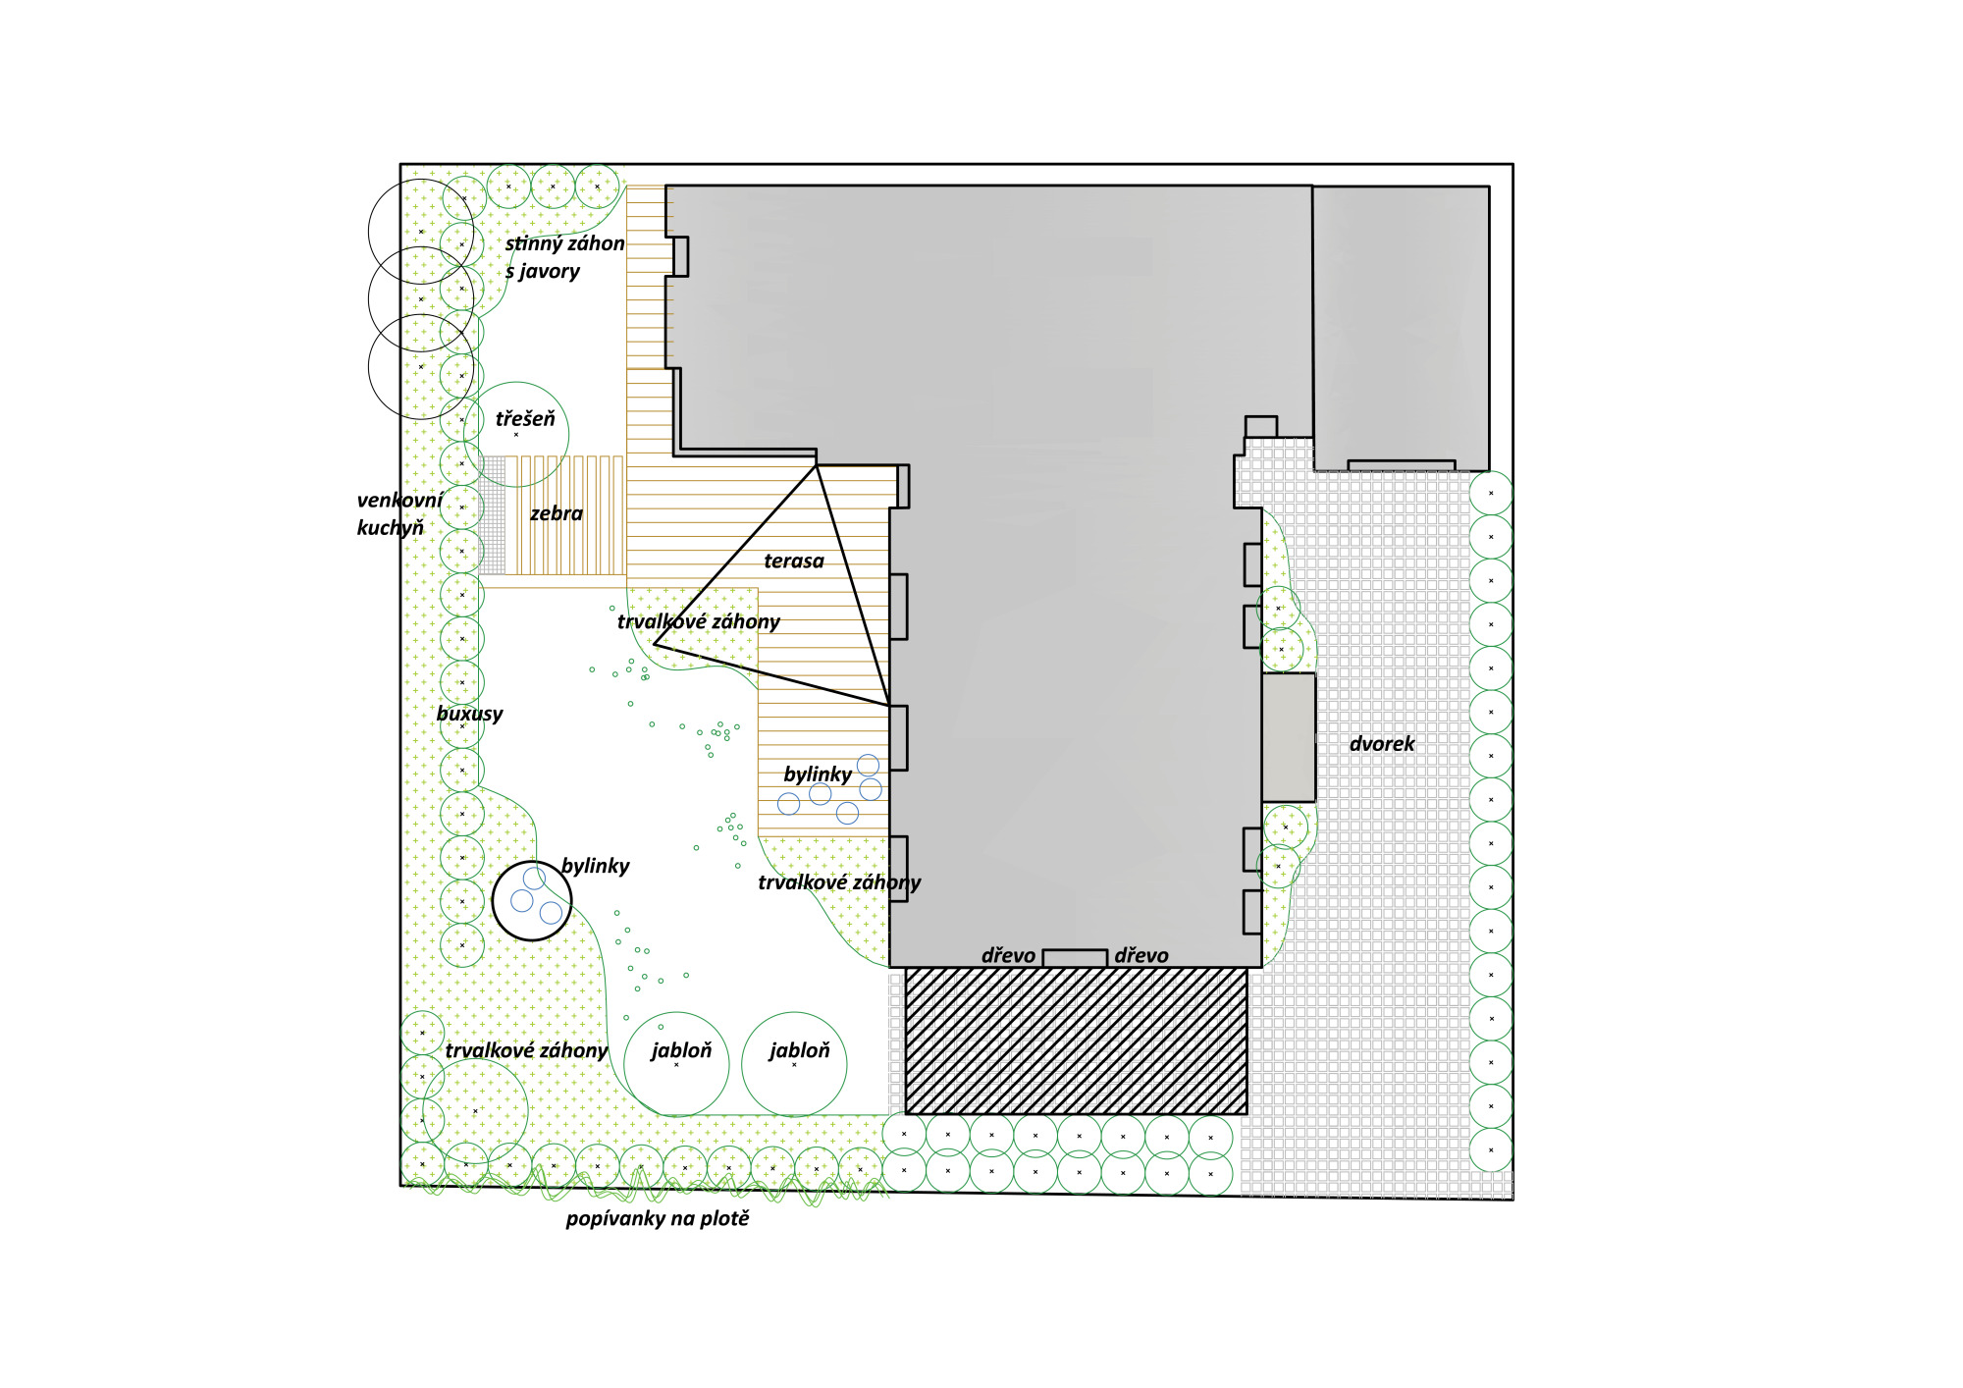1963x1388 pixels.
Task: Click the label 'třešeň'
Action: [x=525, y=419]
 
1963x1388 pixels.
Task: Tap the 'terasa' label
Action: [x=794, y=561]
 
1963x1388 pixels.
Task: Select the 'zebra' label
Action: [x=557, y=513]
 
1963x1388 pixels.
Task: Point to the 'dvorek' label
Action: [x=1382, y=744]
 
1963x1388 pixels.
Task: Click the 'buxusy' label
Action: [x=469, y=714]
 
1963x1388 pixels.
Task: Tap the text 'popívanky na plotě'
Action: [x=658, y=1218]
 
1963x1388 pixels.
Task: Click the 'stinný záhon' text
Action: [x=564, y=243]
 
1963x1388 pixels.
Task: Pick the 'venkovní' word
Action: [x=399, y=500]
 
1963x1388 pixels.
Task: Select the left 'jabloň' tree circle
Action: [x=676, y=1064]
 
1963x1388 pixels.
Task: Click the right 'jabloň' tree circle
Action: [x=794, y=1064]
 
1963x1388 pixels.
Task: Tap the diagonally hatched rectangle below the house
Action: [x=1076, y=1041]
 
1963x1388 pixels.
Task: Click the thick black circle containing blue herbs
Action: [x=531, y=939]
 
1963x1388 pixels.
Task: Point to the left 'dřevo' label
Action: [x=1008, y=955]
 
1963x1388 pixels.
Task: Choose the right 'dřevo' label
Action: [x=1141, y=955]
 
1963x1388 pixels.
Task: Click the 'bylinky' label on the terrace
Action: [x=818, y=774]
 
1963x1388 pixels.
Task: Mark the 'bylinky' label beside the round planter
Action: [x=596, y=866]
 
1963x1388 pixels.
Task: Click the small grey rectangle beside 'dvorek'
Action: [x=1288, y=737]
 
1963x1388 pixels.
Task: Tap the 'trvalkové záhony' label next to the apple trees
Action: [x=526, y=1050]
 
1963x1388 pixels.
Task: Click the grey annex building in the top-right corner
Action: [x=1401, y=328]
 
